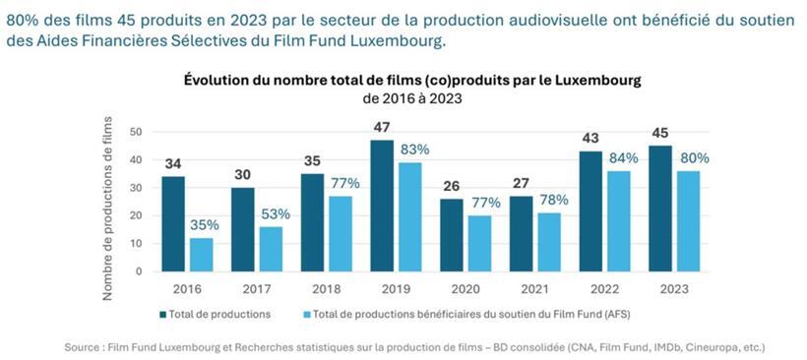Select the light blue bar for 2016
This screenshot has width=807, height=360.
coord(202,254)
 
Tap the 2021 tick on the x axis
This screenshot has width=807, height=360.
coord(532,291)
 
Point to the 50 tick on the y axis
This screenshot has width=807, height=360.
coord(136,132)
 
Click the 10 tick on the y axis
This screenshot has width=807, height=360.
coord(136,243)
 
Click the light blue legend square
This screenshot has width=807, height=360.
coord(305,315)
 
